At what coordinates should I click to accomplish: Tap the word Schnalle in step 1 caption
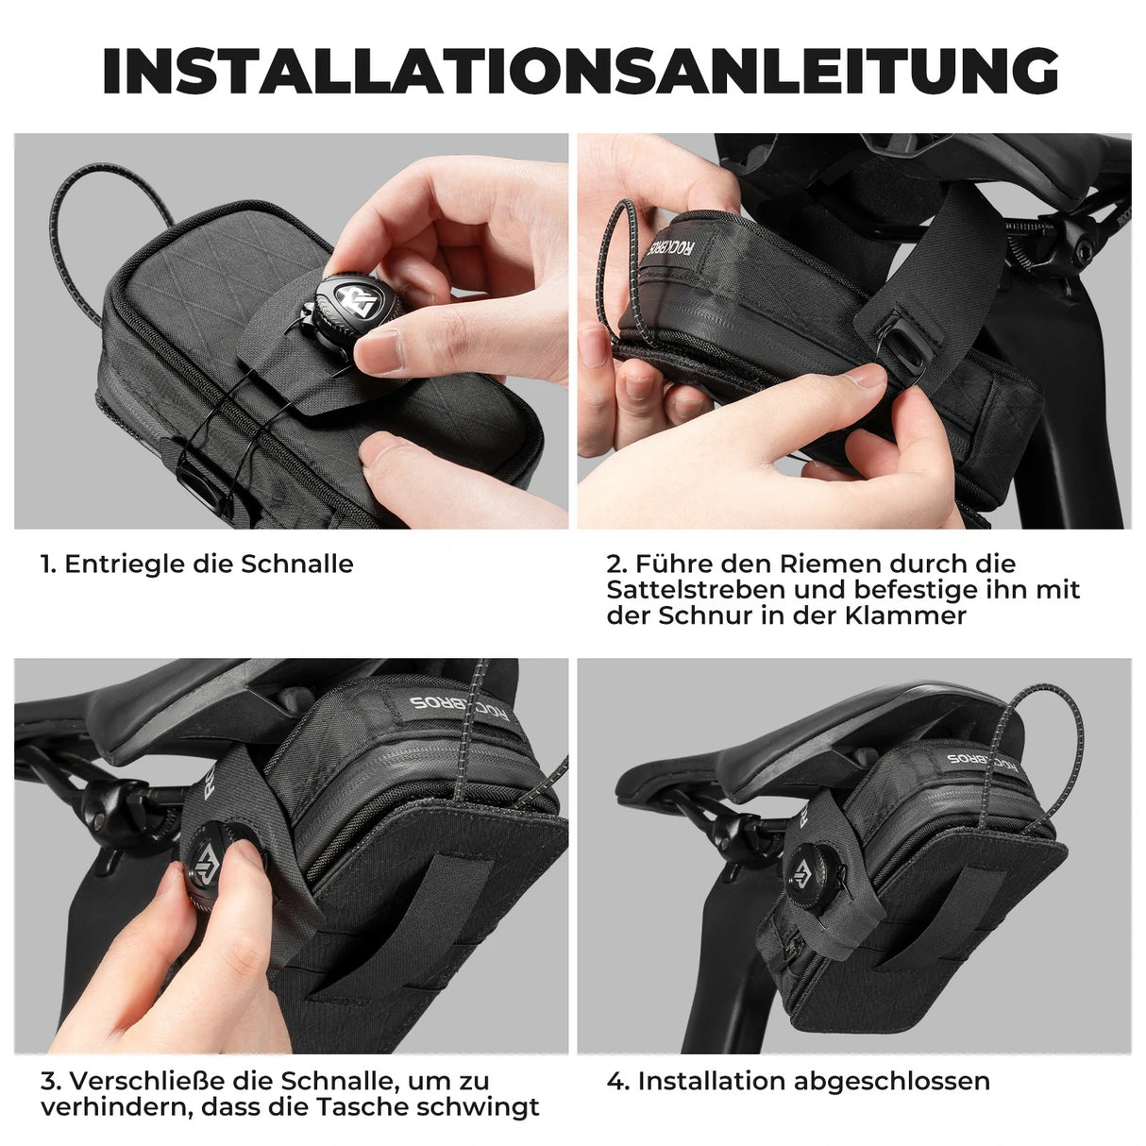point(296,565)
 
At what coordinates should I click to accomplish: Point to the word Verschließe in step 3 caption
point(135,1081)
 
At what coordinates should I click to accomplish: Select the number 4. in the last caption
point(617,1081)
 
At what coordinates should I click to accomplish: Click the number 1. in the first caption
point(48,565)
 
